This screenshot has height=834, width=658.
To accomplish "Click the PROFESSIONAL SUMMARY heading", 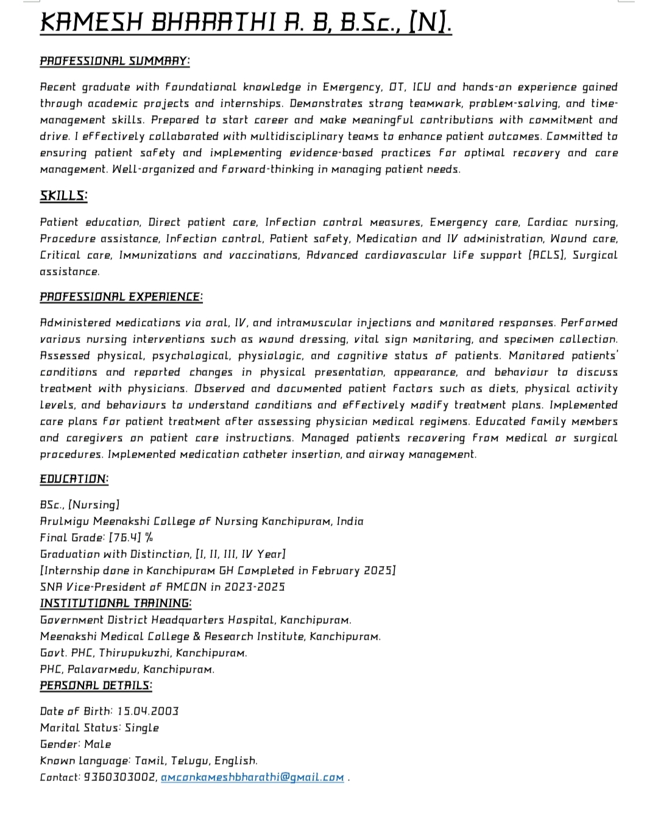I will pyautogui.click(x=115, y=61).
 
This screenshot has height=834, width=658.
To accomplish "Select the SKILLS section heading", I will pyautogui.click(x=63, y=196).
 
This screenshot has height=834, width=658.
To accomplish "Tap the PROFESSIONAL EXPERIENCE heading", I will pyautogui.click(x=121, y=297).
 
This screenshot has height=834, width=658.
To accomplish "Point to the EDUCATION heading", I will pyautogui.click(x=74, y=479).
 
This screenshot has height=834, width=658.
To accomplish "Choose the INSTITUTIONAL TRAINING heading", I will pyautogui.click(x=116, y=603).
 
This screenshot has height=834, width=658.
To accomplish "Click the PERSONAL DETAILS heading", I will pyautogui.click(x=96, y=685).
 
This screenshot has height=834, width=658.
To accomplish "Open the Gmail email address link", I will pyautogui.click(x=252, y=777).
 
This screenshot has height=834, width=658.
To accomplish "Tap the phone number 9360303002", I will pyautogui.click(x=119, y=777).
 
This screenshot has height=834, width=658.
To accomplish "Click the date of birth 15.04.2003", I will pyautogui.click(x=148, y=712).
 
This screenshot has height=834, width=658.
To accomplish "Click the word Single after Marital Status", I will pyautogui.click(x=142, y=728).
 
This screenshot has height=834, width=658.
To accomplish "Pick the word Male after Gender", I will pyautogui.click(x=98, y=744).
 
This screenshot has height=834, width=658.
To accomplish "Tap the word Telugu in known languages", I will pyautogui.click(x=189, y=761).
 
